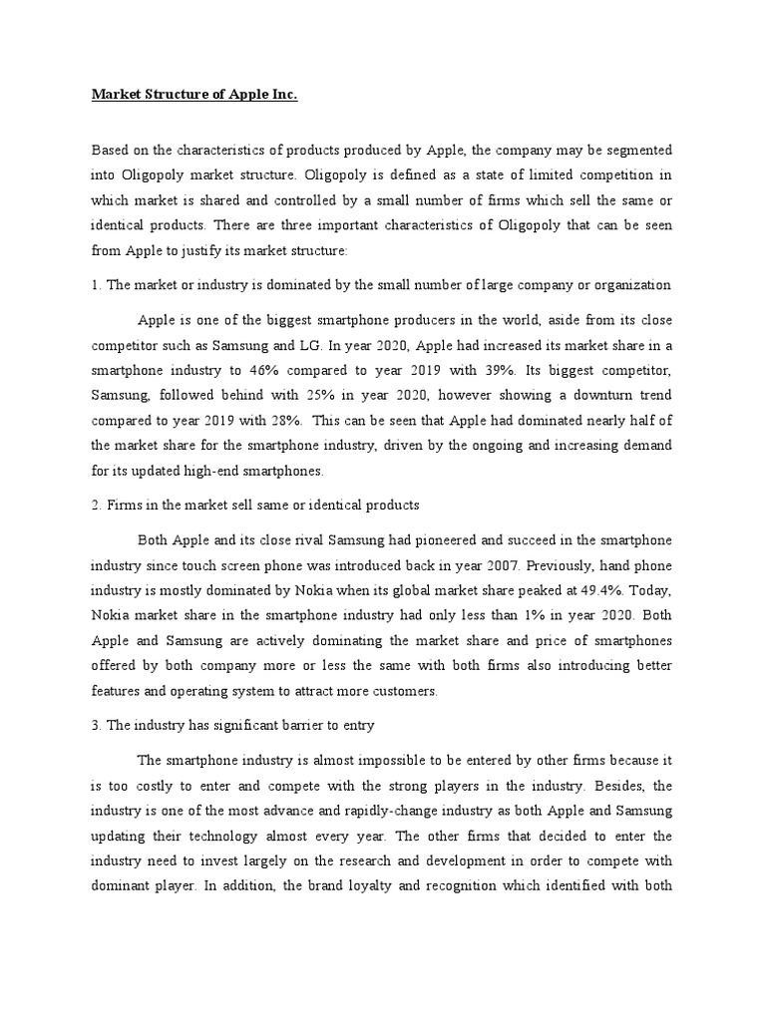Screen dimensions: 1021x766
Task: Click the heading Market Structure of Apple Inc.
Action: (x=194, y=96)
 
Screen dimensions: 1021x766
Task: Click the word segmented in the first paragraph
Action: (x=638, y=150)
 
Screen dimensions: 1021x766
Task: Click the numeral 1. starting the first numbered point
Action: (x=97, y=286)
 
